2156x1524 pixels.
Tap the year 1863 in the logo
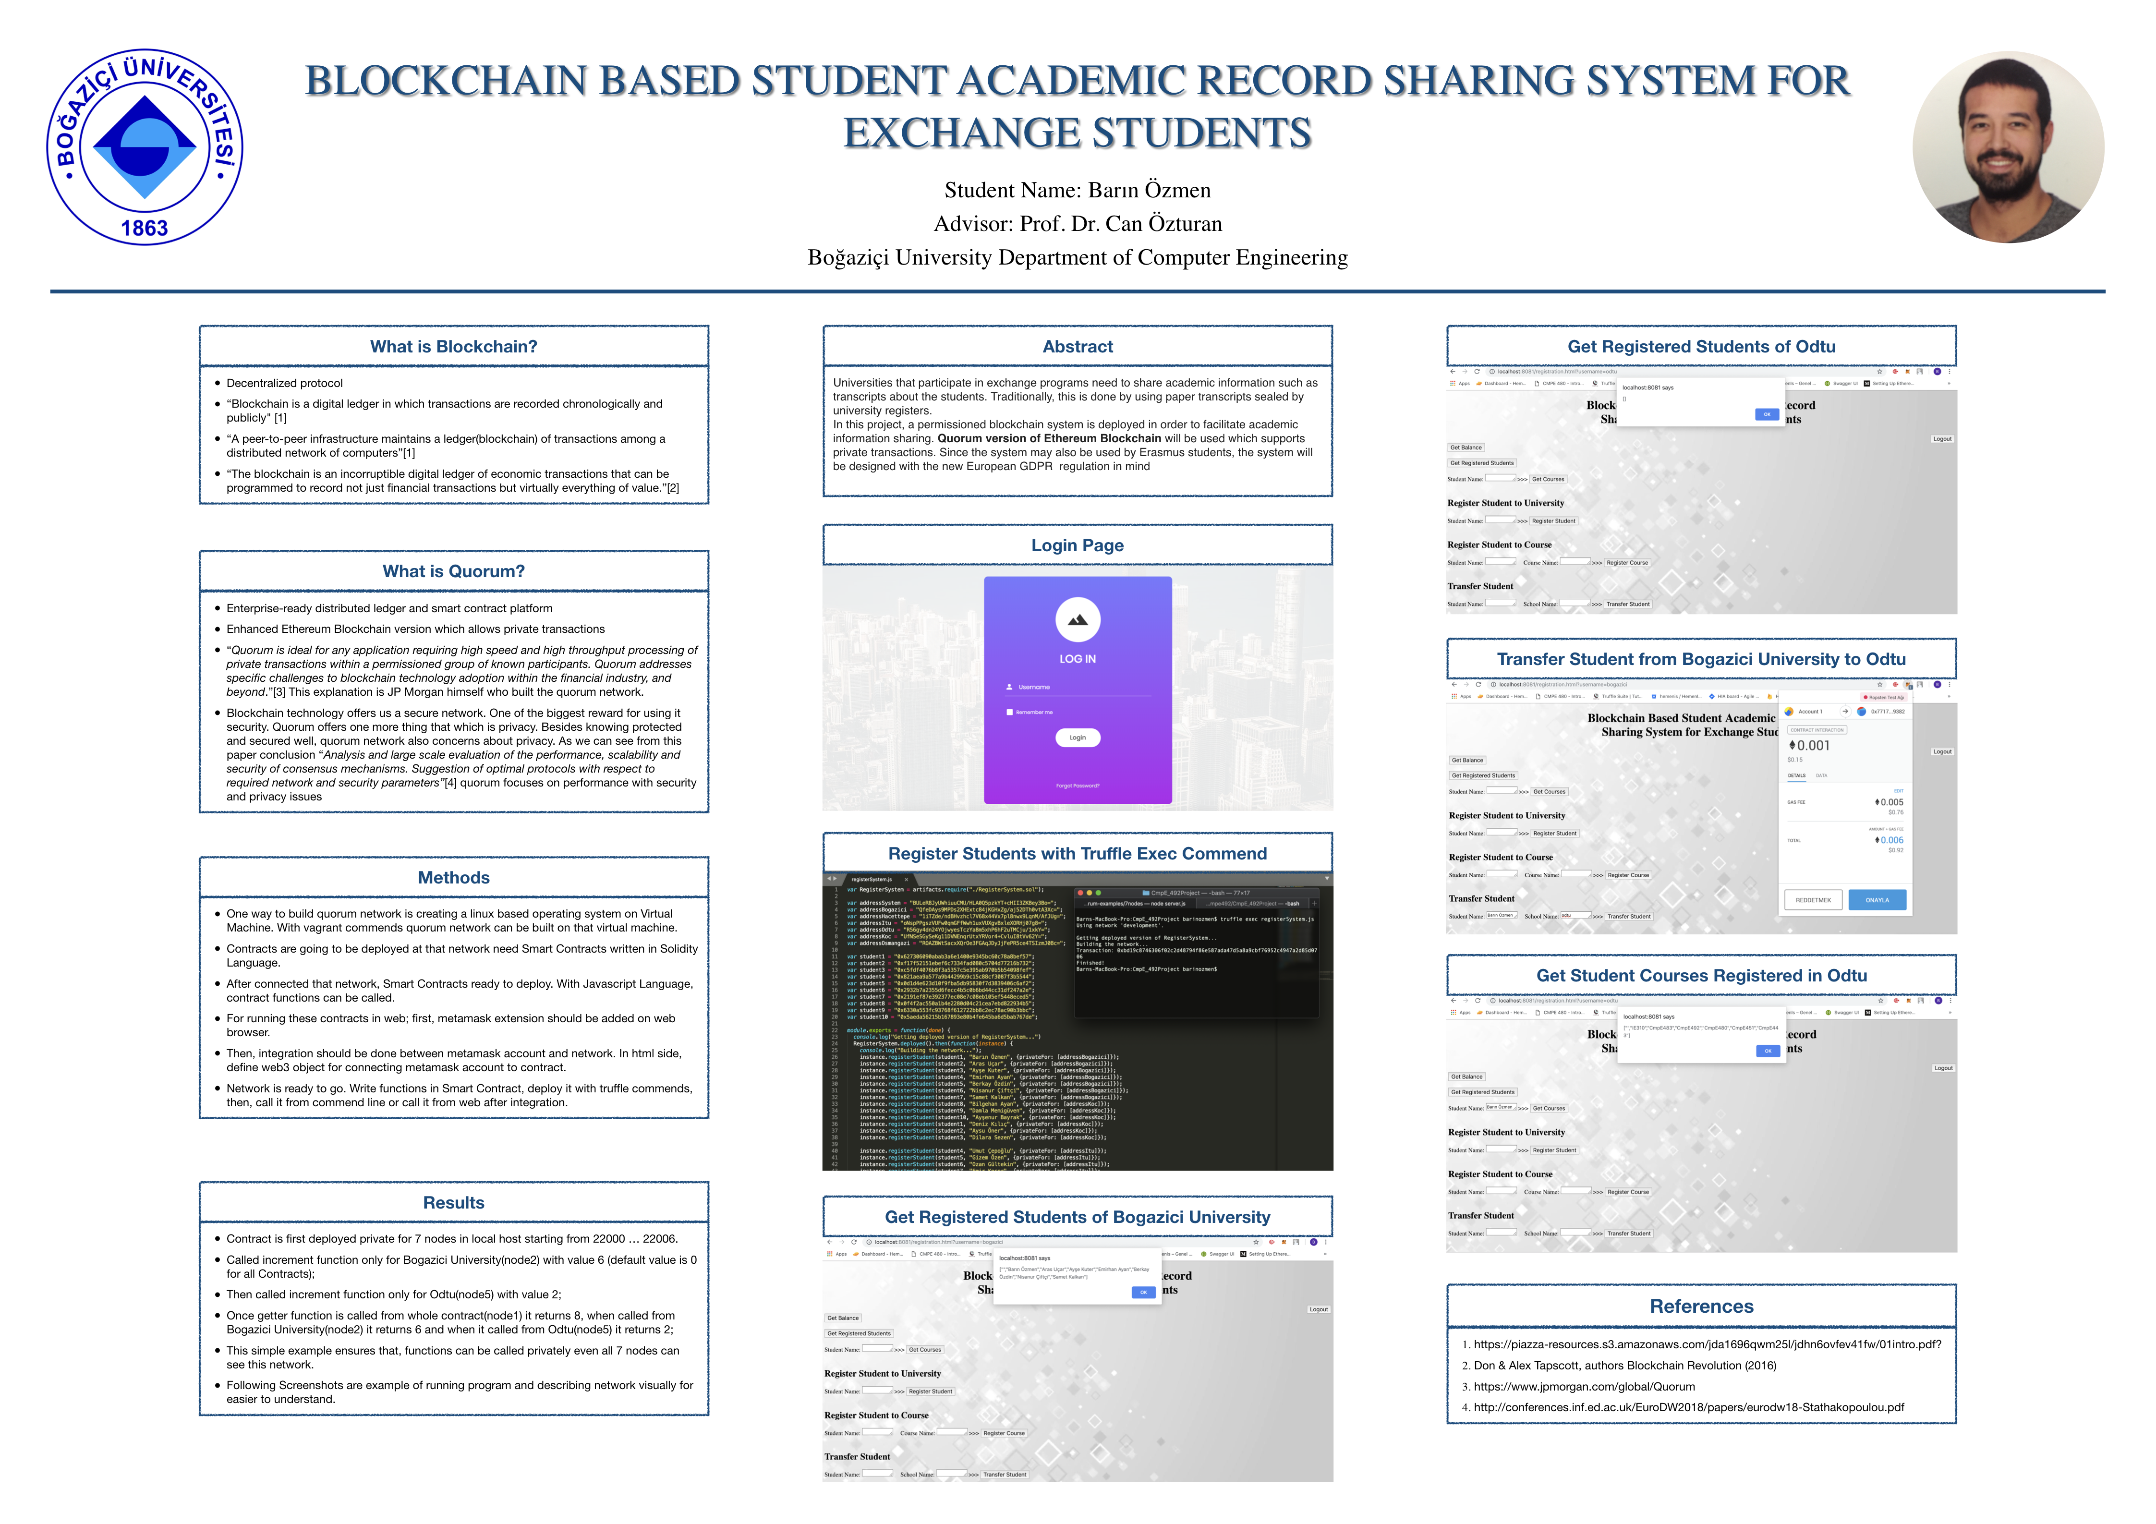pos(145,228)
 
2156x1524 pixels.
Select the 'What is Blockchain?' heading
pos(454,347)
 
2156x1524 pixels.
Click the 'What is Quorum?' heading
pos(454,571)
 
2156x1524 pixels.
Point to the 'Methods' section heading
pos(454,877)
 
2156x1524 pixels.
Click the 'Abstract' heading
pos(1077,347)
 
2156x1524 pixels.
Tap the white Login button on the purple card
pos(1077,737)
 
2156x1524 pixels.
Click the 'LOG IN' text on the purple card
pos(1077,659)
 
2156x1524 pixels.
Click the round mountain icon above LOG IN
pos(1077,620)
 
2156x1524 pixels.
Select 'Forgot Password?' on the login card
pos(1077,785)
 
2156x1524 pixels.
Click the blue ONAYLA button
pos(1877,900)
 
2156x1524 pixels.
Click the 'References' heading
pos(1702,1306)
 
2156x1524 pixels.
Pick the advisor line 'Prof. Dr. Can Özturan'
pos(1077,223)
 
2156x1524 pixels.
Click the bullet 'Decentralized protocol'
pos(285,383)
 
